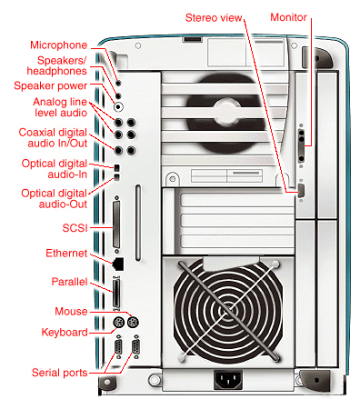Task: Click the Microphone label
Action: (59, 45)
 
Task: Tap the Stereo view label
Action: (214, 18)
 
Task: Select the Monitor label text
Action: (288, 17)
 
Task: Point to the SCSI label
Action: (75, 227)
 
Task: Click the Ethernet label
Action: (66, 253)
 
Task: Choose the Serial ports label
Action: (60, 373)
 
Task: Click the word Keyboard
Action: (65, 332)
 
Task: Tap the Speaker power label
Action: (51, 85)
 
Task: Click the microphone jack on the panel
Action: (118, 83)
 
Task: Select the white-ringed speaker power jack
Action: (118, 106)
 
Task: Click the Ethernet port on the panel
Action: (118, 264)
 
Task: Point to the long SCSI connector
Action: (116, 224)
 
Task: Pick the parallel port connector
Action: (116, 293)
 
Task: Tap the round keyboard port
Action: (118, 323)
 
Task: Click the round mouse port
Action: (133, 322)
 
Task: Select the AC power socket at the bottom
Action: (228, 379)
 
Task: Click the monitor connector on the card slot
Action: (301, 145)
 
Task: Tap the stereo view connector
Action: (301, 191)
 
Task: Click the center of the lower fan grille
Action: (228, 311)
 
